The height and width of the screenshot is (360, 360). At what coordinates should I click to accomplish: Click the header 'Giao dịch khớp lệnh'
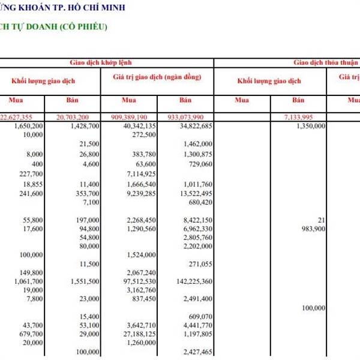point(100,62)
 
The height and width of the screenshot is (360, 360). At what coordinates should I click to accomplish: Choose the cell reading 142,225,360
point(191,281)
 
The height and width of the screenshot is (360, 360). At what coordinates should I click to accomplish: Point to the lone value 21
point(322,220)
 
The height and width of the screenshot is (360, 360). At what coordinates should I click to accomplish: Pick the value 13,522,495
point(193,194)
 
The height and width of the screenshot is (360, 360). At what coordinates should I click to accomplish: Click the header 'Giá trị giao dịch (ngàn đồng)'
point(157,77)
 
